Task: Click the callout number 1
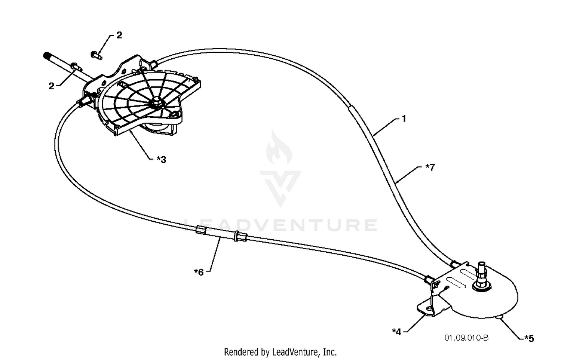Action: pyautogui.click(x=404, y=119)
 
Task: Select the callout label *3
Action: pyautogui.click(x=161, y=159)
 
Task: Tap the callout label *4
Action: pyautogui.click(x=396, y=332)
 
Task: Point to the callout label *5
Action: pyautogui.click(x=529, y=339)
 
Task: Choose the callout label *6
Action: pyautogui.click(x=199, y=272)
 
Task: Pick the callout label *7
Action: pyautogui.click(x=430, y=167)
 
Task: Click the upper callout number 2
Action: pyautogui.click(x=119, y=35)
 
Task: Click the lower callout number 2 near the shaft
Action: pyautogui.click(x=51, y=86)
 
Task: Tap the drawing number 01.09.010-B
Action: pyautogui.click(x=466, y=338)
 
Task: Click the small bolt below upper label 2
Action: pyautogui.click(x=96, y=55)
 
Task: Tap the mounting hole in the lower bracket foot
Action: pyautogui.click(x=429, y=309)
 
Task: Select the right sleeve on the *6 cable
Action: pyautogui.click(x=240, y=237)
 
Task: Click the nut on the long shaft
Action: pyautogui.click(x=75, y=67)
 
